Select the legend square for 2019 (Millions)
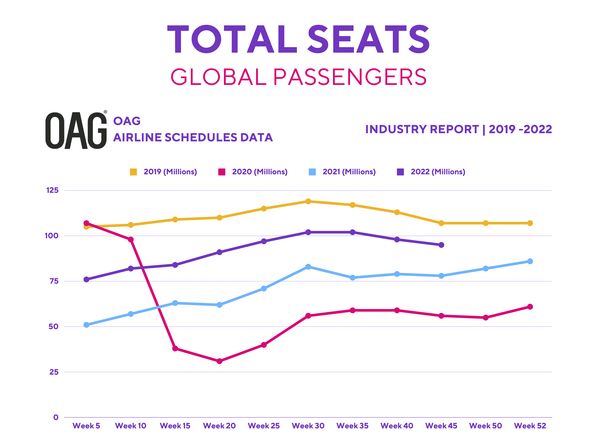(x=133, y=172)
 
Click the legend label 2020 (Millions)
(x=260, y=172)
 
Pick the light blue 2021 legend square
(x=312, y=172)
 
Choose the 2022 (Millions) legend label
(x=438, y=172)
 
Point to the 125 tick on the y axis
(x=52, y=190)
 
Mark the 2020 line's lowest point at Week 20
(x=219, y=361)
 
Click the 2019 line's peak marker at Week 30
(x=308, y=201)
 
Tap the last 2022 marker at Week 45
(x=441, y=245)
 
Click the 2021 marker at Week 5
(x=86, y=325)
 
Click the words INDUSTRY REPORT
(x=422, y=129)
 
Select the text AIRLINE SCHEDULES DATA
(x=193, y=137)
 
